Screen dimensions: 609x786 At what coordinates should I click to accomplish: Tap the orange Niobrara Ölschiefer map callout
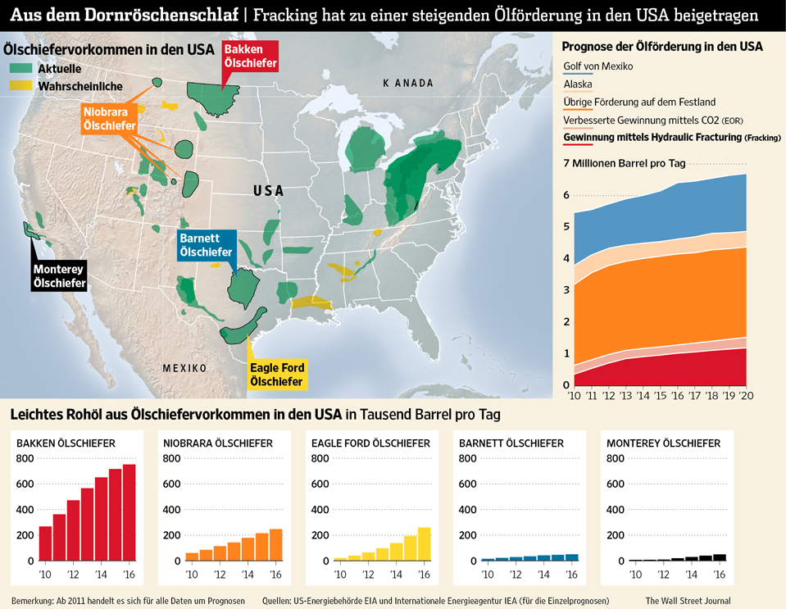pos(109,119)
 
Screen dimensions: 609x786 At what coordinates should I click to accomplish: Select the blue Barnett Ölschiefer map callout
pos(206,245)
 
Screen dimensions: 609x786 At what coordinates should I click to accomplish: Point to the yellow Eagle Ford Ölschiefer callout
pos(276,375)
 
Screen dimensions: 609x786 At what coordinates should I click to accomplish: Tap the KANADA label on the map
pos(407,84)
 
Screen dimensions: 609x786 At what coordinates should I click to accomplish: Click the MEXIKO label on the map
pos(184,368)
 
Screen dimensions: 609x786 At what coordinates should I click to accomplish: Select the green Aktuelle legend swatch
pos(21,69)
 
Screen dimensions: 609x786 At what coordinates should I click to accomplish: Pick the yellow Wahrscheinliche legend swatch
pos(21,85)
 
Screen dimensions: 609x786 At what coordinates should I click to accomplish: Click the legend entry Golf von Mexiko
pos(598,66)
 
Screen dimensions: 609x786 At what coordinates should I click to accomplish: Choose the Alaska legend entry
pos(578,84)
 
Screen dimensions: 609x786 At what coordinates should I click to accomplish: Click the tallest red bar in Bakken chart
pos(129,512)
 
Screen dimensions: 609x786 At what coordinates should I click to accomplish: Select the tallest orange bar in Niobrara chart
pos(276,544)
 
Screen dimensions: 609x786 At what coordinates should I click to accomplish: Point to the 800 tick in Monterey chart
pos(616,457)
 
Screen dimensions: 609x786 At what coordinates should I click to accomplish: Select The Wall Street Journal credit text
pos(688,601)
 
